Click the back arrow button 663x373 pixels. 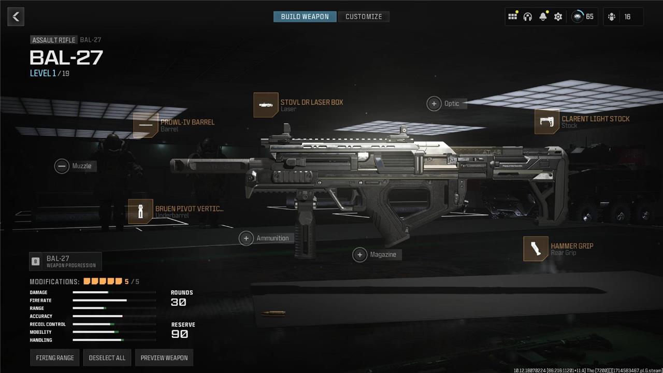16,17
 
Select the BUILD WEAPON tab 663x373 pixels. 305,17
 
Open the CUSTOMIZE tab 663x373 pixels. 364,17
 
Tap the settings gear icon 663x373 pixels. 558,17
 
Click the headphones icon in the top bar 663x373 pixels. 528,17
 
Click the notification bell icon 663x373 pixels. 543,17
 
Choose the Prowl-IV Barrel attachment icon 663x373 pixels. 146,125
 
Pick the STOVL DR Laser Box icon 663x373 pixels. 266,105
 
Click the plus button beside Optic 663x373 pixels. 434,104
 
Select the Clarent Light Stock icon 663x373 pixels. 547,122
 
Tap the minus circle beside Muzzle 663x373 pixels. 62,166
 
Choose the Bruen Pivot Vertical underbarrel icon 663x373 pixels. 140,211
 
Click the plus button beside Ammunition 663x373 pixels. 246,238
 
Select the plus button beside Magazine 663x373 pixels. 359,254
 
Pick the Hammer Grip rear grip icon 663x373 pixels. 536,249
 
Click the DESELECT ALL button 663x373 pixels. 107,357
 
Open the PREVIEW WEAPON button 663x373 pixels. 164,357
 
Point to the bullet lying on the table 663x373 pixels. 273,313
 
